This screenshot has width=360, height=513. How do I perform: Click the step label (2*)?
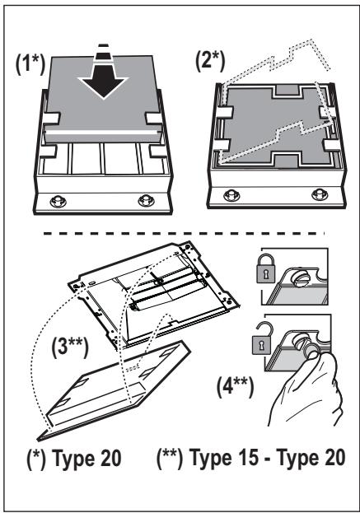(210, 61)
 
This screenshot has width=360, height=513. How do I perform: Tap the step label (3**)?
(70, 347)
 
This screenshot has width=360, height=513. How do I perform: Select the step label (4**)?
(235, 386)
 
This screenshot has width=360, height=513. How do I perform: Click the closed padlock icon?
(266, 268)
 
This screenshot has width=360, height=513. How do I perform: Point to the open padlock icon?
(261, 338)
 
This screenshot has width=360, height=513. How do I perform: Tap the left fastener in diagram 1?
(58, 201)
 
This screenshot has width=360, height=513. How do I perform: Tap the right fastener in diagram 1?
(146, 200)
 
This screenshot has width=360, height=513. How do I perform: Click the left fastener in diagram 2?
(231, 196)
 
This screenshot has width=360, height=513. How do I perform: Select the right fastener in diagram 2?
(320, 194)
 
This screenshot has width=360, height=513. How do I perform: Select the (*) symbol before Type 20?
(36, 459)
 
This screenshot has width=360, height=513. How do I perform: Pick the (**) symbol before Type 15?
(170, 458)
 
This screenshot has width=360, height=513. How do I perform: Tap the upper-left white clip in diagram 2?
(225, 112)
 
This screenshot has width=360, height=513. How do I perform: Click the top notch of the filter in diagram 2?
(288, 91)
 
